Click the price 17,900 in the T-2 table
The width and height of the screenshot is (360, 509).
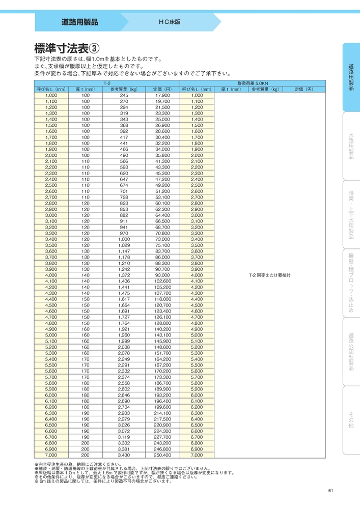coord(162,95)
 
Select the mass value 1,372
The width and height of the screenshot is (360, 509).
coord(124,275)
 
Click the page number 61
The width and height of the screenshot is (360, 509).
coord(331,490)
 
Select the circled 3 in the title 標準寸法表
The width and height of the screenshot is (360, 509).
coord(95,48)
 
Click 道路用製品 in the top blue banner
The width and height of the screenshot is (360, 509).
coord(80,22)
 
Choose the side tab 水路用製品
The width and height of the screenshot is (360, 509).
coord(351,146)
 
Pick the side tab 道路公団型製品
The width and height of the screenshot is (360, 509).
coord(351,351)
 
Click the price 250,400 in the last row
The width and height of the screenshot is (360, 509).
coord(162,455)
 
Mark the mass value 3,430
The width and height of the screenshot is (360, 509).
coord(124,455)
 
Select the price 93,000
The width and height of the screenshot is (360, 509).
coord(162,275)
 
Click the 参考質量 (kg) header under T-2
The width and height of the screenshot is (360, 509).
coord(124,89)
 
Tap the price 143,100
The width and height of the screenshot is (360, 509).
coord(162,335)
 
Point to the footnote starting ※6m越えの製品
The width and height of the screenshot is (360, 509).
coord(104,481)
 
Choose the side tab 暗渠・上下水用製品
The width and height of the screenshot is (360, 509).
coord(351,214)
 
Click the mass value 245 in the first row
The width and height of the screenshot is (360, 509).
coord(124,95)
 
